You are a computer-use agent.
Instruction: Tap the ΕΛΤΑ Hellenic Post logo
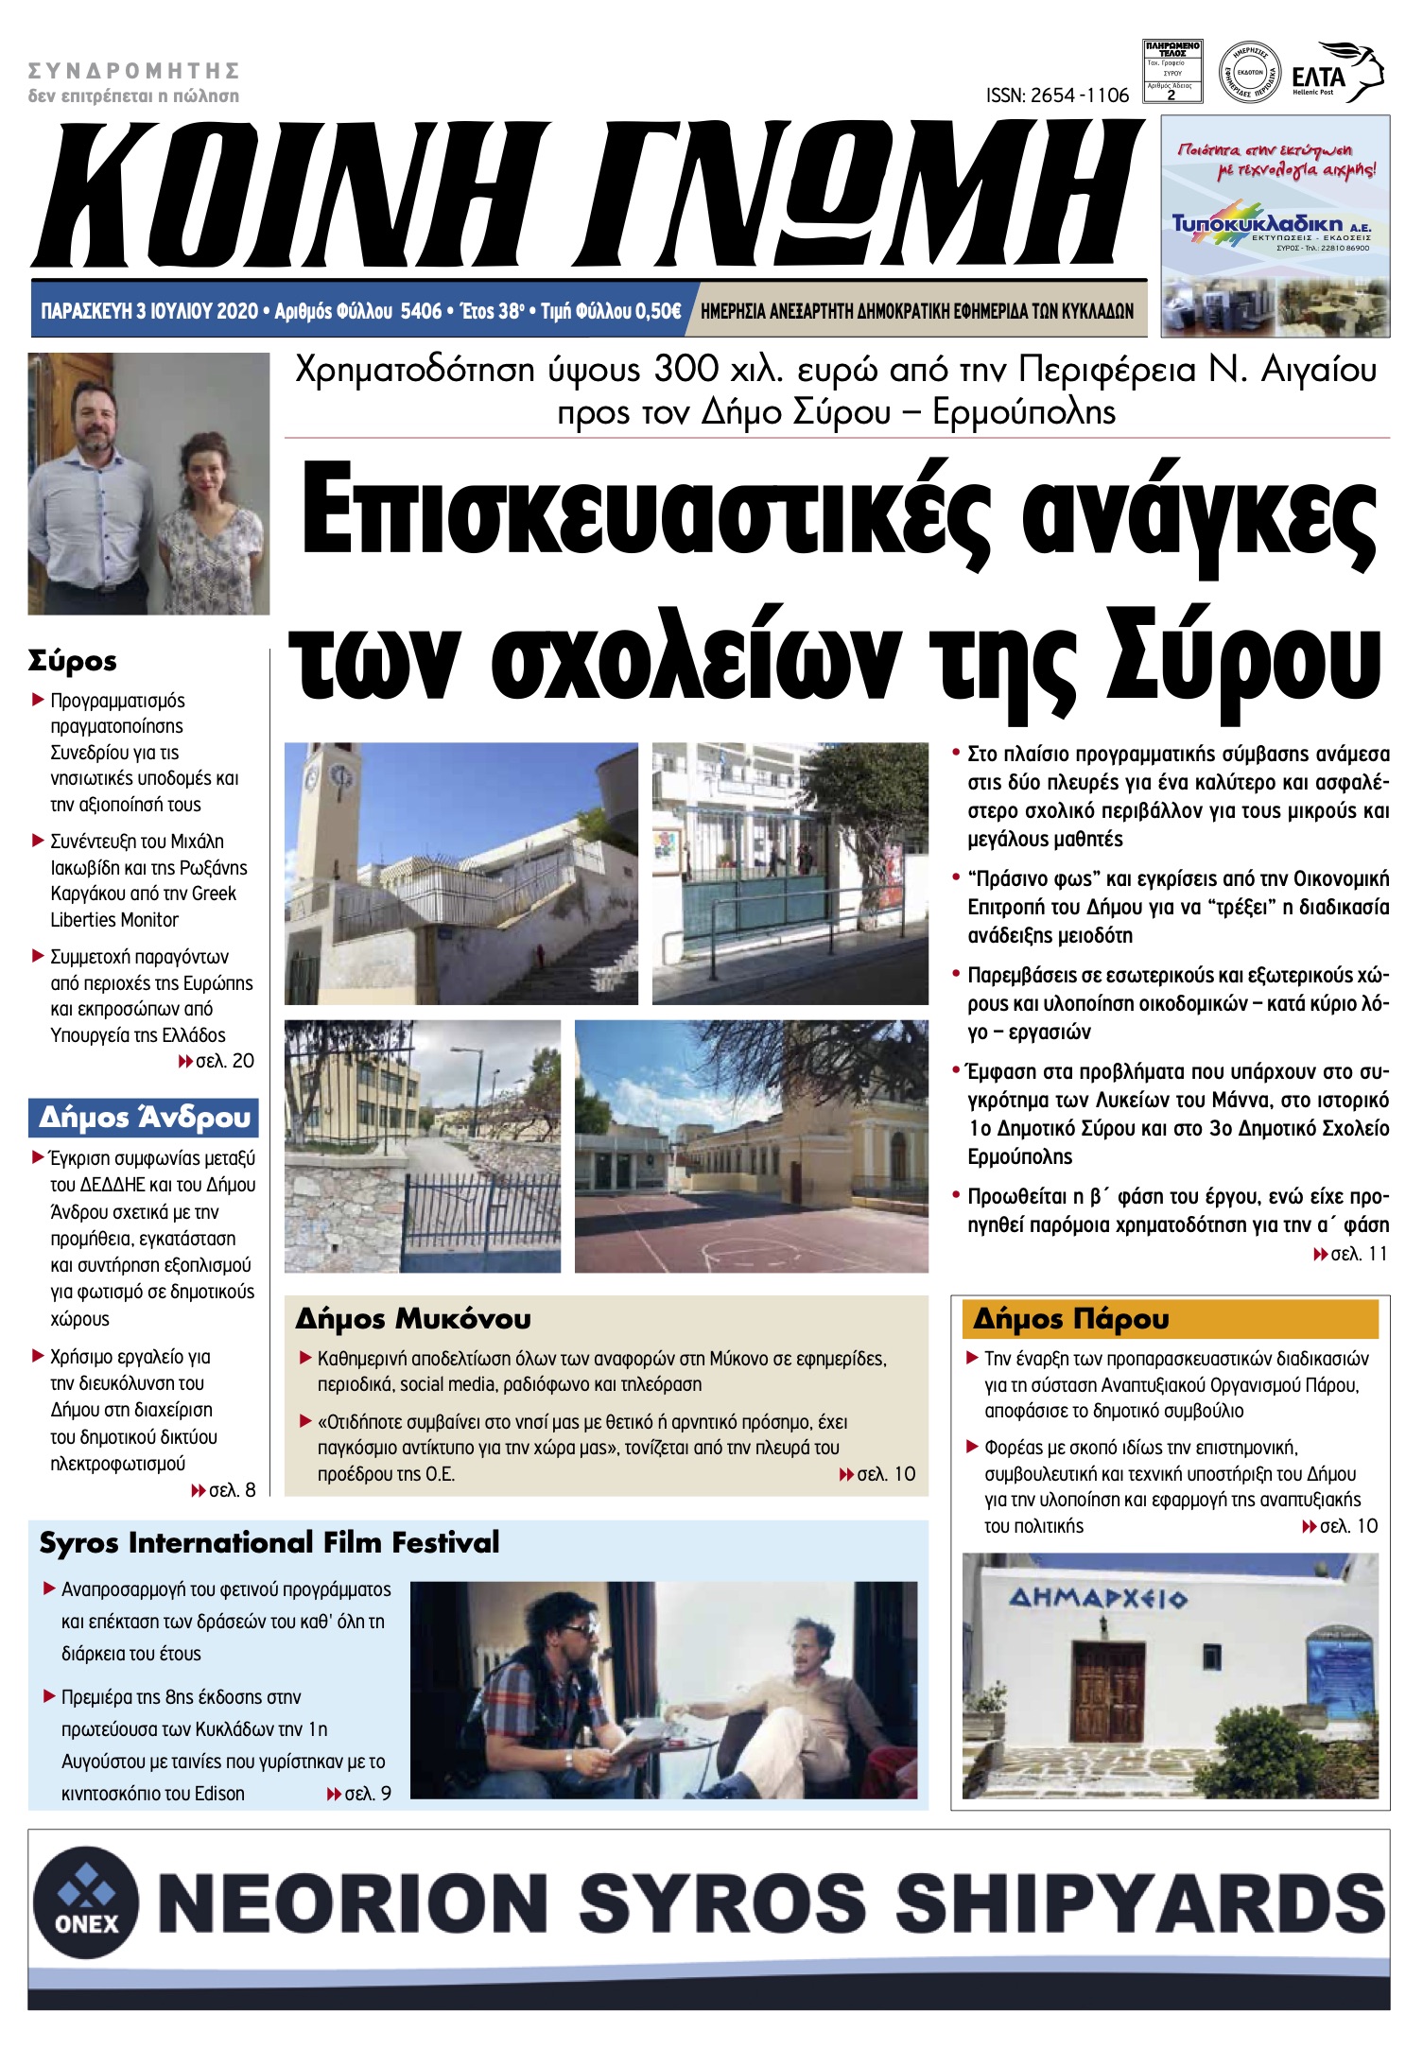pyautogui.click(x=1336, y=73)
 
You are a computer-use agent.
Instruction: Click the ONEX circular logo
pyautogui.click(x=86, y=1901)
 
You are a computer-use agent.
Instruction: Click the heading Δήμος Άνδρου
pyautogui.click(x=144, y=1118)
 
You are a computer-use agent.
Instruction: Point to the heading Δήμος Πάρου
pyautogui.click(x=1070, y=1318)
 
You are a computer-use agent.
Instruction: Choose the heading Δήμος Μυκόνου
pyautogui.click(x=413, y=1318)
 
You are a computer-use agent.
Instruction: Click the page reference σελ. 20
pyautogui.click(x=224, y=1061)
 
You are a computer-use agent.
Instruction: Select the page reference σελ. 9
pyautogui.click(x=367, y=1794)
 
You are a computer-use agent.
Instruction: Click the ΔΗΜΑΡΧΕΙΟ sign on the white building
pyautogui.click(x=1098, y=1599)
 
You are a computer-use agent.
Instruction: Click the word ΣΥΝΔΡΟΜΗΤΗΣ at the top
pyautogui.click(x=133, y=71)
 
